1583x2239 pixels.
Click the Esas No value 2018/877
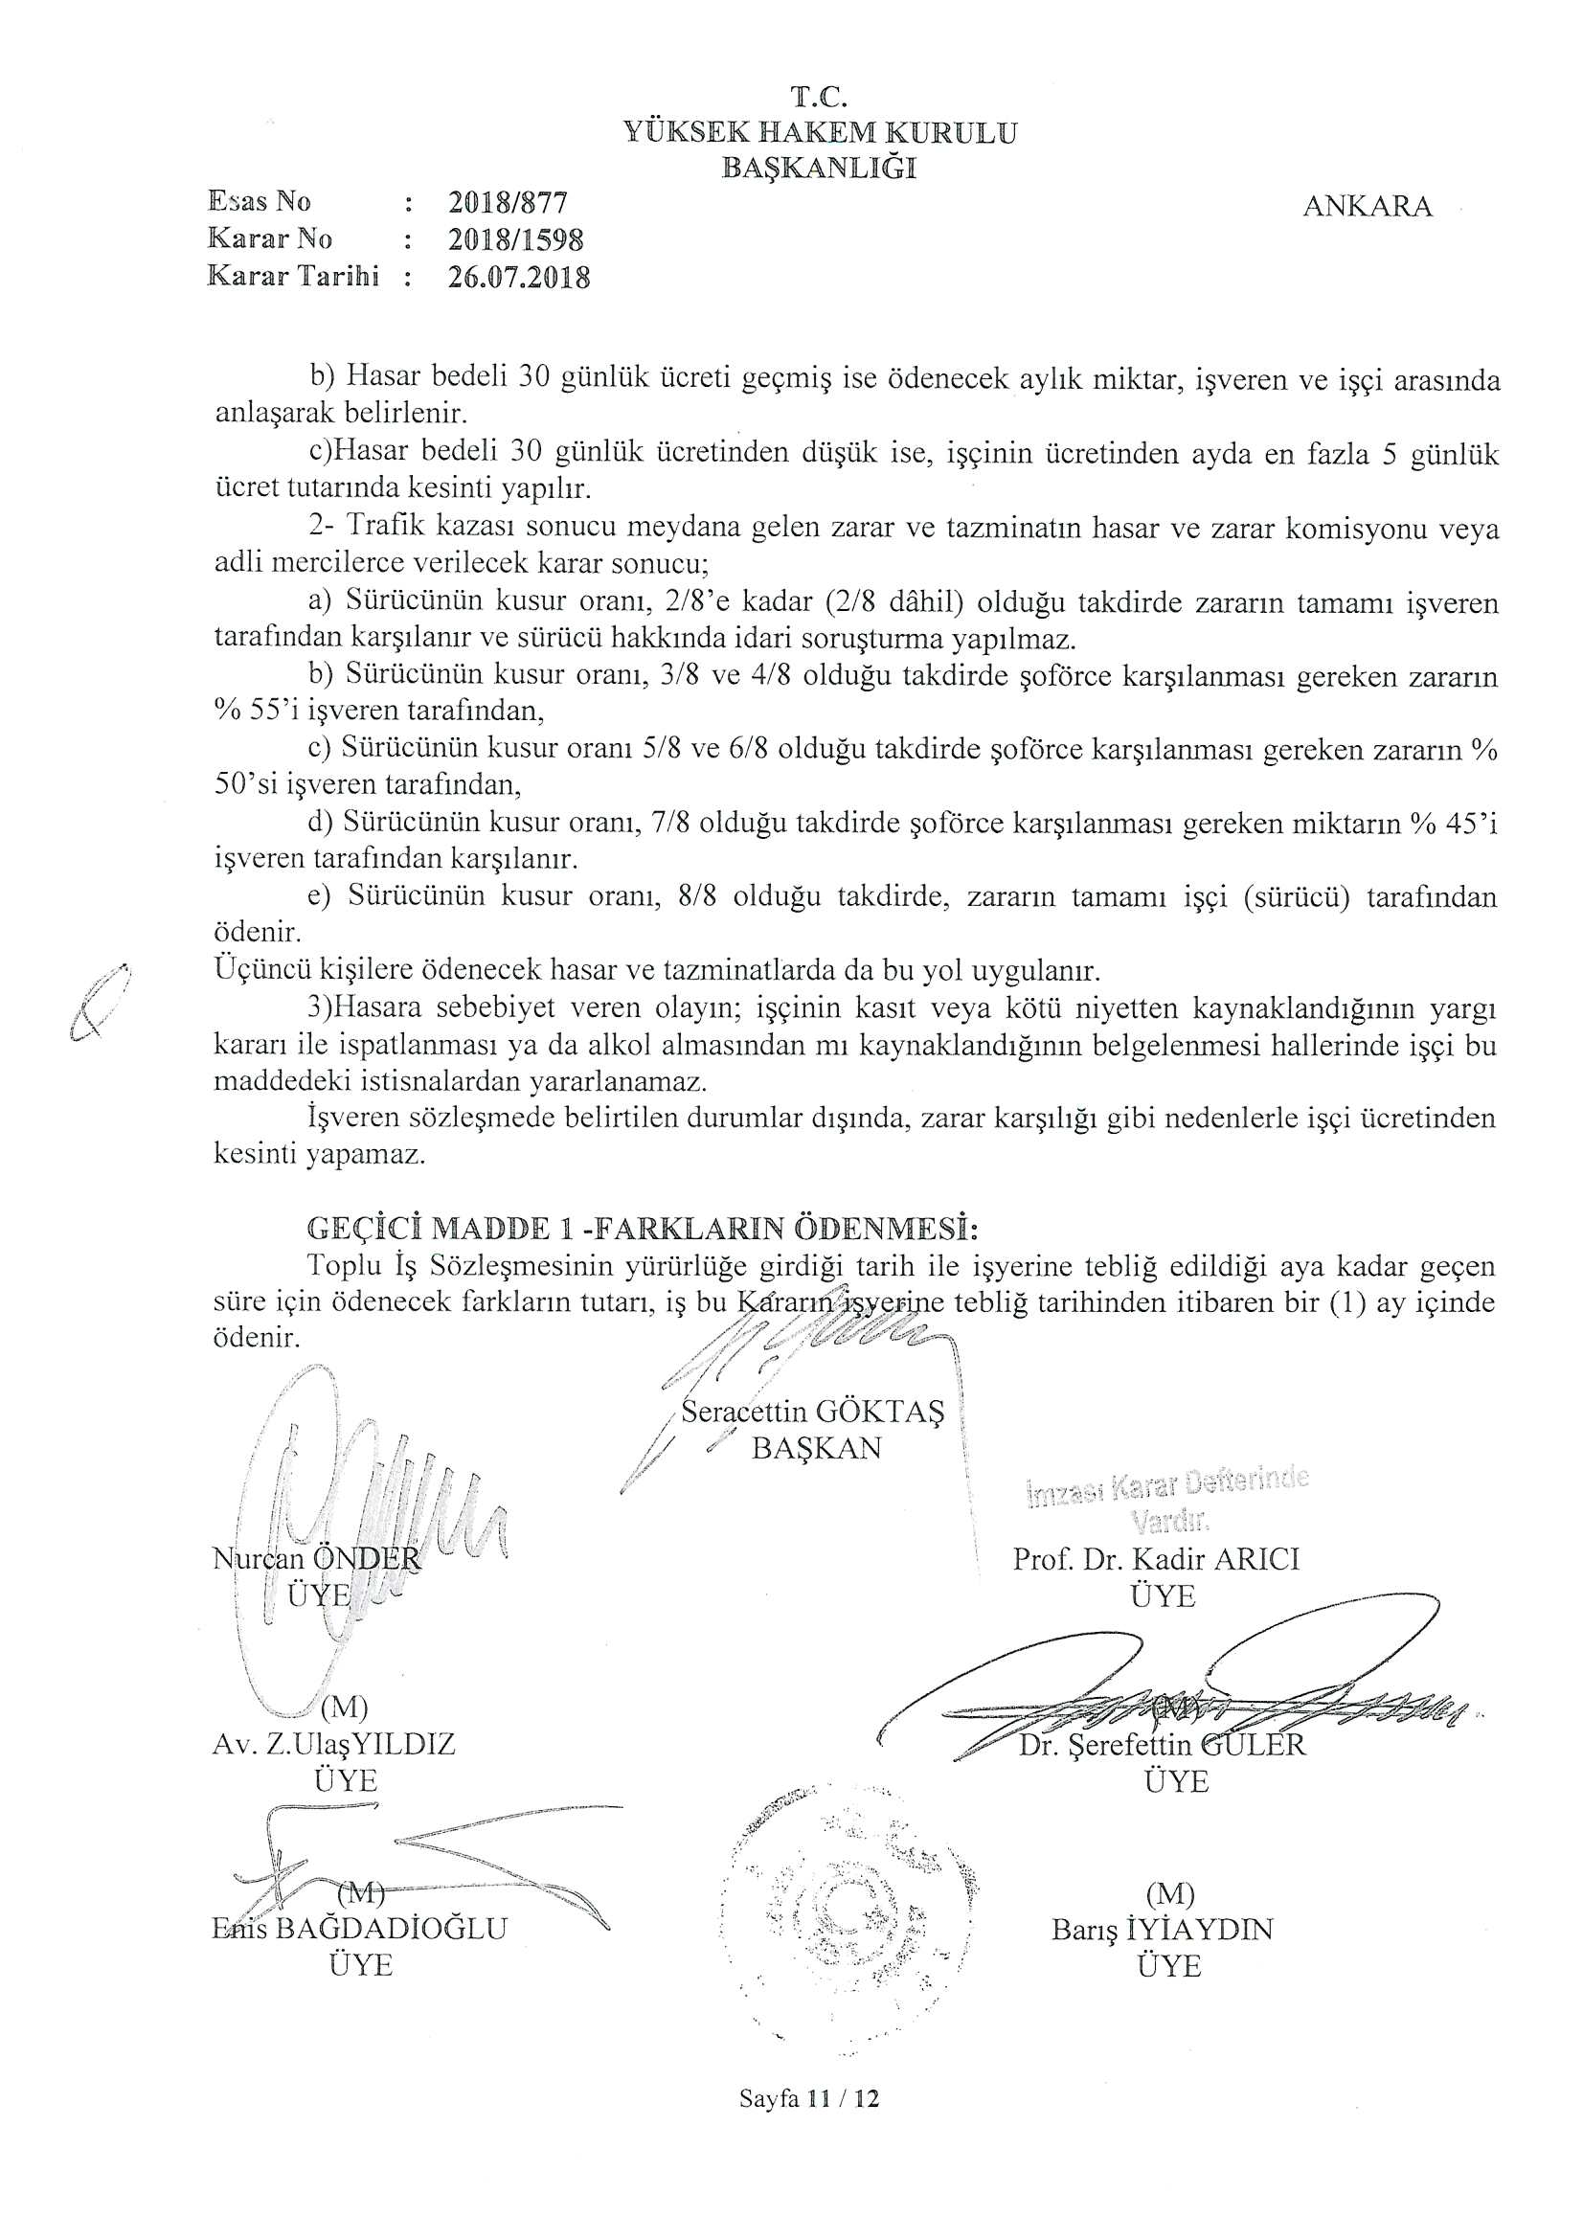point(508,202)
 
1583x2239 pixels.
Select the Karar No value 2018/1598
point(515,238)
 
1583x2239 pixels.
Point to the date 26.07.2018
point(519,277)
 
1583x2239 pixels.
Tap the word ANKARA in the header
point(1368,207)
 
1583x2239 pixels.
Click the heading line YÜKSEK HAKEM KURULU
point(820,132)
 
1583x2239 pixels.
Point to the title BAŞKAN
point(816,1447)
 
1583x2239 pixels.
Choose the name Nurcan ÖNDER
point(317,1558)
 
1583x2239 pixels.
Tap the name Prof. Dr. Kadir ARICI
point(1156,1559)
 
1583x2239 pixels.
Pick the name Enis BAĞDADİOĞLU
point(359,1928)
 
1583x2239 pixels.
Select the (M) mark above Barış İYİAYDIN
point(1169,1893)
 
